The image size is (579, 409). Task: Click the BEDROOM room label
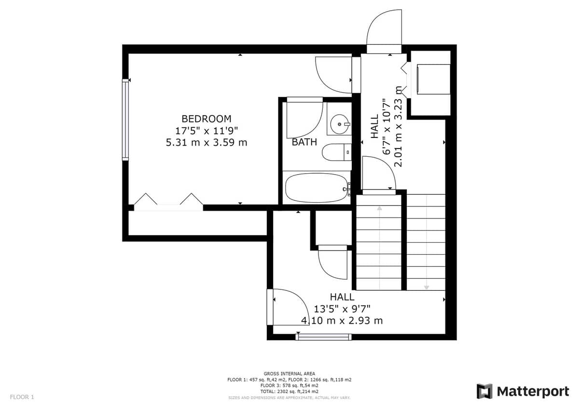[x=207, y=119]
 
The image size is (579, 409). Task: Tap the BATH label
[x=304, y=142]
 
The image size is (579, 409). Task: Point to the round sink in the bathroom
[x=340, y=124]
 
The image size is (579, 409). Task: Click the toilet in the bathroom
[x=337, y=152]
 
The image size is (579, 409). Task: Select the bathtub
[x=317, y=188]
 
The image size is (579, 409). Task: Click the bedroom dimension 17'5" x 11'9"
[x=207, y=131]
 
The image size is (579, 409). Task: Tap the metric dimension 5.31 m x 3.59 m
[x=207, y=142]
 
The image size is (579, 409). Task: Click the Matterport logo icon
[x=484, y=392]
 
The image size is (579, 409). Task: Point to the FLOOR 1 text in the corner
[x=22, y=397]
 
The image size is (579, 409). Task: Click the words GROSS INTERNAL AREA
[x=289, y=374]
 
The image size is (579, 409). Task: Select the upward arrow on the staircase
[x=379, y=248]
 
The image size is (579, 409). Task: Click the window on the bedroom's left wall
[x=125, y=120]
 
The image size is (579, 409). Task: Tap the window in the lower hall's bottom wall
[x=324, y=337]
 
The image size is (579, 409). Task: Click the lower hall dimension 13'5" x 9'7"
[x=342, y=309]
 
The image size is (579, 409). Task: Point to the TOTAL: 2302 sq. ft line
[x=289, y=392]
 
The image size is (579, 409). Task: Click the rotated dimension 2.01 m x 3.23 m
[x=398, y=126]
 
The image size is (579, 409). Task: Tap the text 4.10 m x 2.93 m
[x=342, y=321]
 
